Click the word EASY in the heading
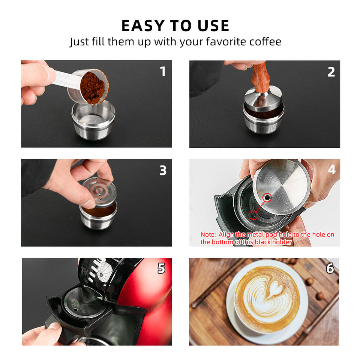pos(143,25)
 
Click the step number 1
pos(163,71)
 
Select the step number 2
pos(331,72)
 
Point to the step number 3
pos(163,171)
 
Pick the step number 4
pos(332,169)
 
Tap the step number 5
pos(161,268)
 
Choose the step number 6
pos(330,268)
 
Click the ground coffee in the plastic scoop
pos(94,87)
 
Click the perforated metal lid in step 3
pos(99,192)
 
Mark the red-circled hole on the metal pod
pos(267,198)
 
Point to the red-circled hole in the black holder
pos(253,215)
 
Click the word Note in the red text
pos(208,234)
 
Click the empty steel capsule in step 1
pos(93,120)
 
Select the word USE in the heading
pos(213,25)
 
